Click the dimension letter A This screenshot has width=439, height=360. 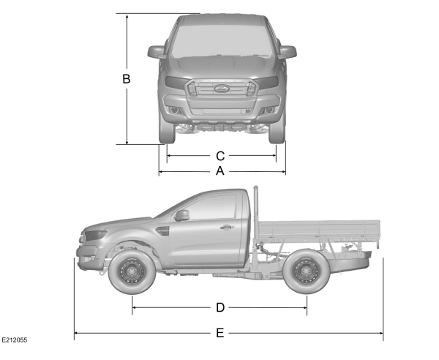tap(220, 170)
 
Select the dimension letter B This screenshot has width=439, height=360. tap(127, 79)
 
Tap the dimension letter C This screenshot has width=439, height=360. tap(220, 156)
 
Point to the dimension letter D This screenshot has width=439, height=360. tap(220, 307)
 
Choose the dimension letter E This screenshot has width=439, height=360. tap(220, 333)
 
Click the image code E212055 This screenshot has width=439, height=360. tap(15, 340)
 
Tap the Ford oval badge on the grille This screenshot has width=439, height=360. tap(222, 89)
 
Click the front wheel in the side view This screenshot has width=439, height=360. tap(132, 271)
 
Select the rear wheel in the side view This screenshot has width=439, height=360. tap(307, 271)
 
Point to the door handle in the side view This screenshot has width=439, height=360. tap(225, 227)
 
